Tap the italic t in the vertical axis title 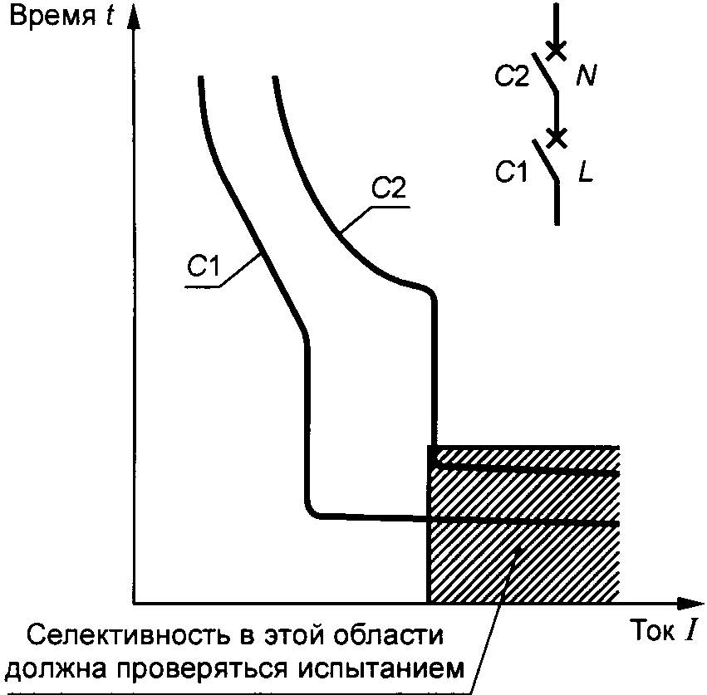pyautogui.click(x=109, y=17)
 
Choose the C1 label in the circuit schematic pyautogui.click(x=512, y=173)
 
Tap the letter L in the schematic pyautogui.click(x=587, y=174)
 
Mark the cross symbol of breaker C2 pyautogui.click(x=557, y=51)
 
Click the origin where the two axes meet pyautogui.click(x=133, y=602)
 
